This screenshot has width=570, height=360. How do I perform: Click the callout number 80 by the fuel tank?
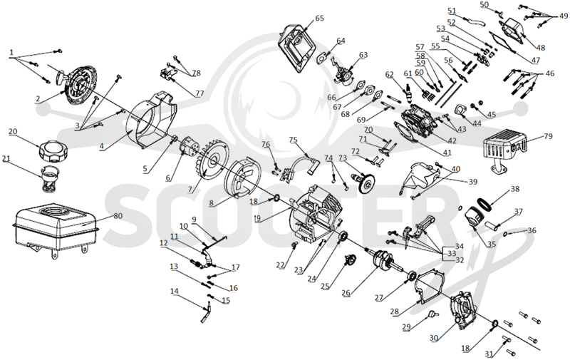[118, 216]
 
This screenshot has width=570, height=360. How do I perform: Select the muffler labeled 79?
[504, 152]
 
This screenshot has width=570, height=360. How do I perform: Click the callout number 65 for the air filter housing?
[319, 19]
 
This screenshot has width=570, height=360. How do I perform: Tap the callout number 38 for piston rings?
[515, 189]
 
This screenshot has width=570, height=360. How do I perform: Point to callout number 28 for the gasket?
[395, 312]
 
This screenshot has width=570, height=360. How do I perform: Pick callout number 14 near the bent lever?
[175, 292]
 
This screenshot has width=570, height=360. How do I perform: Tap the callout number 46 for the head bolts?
[550, 74]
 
